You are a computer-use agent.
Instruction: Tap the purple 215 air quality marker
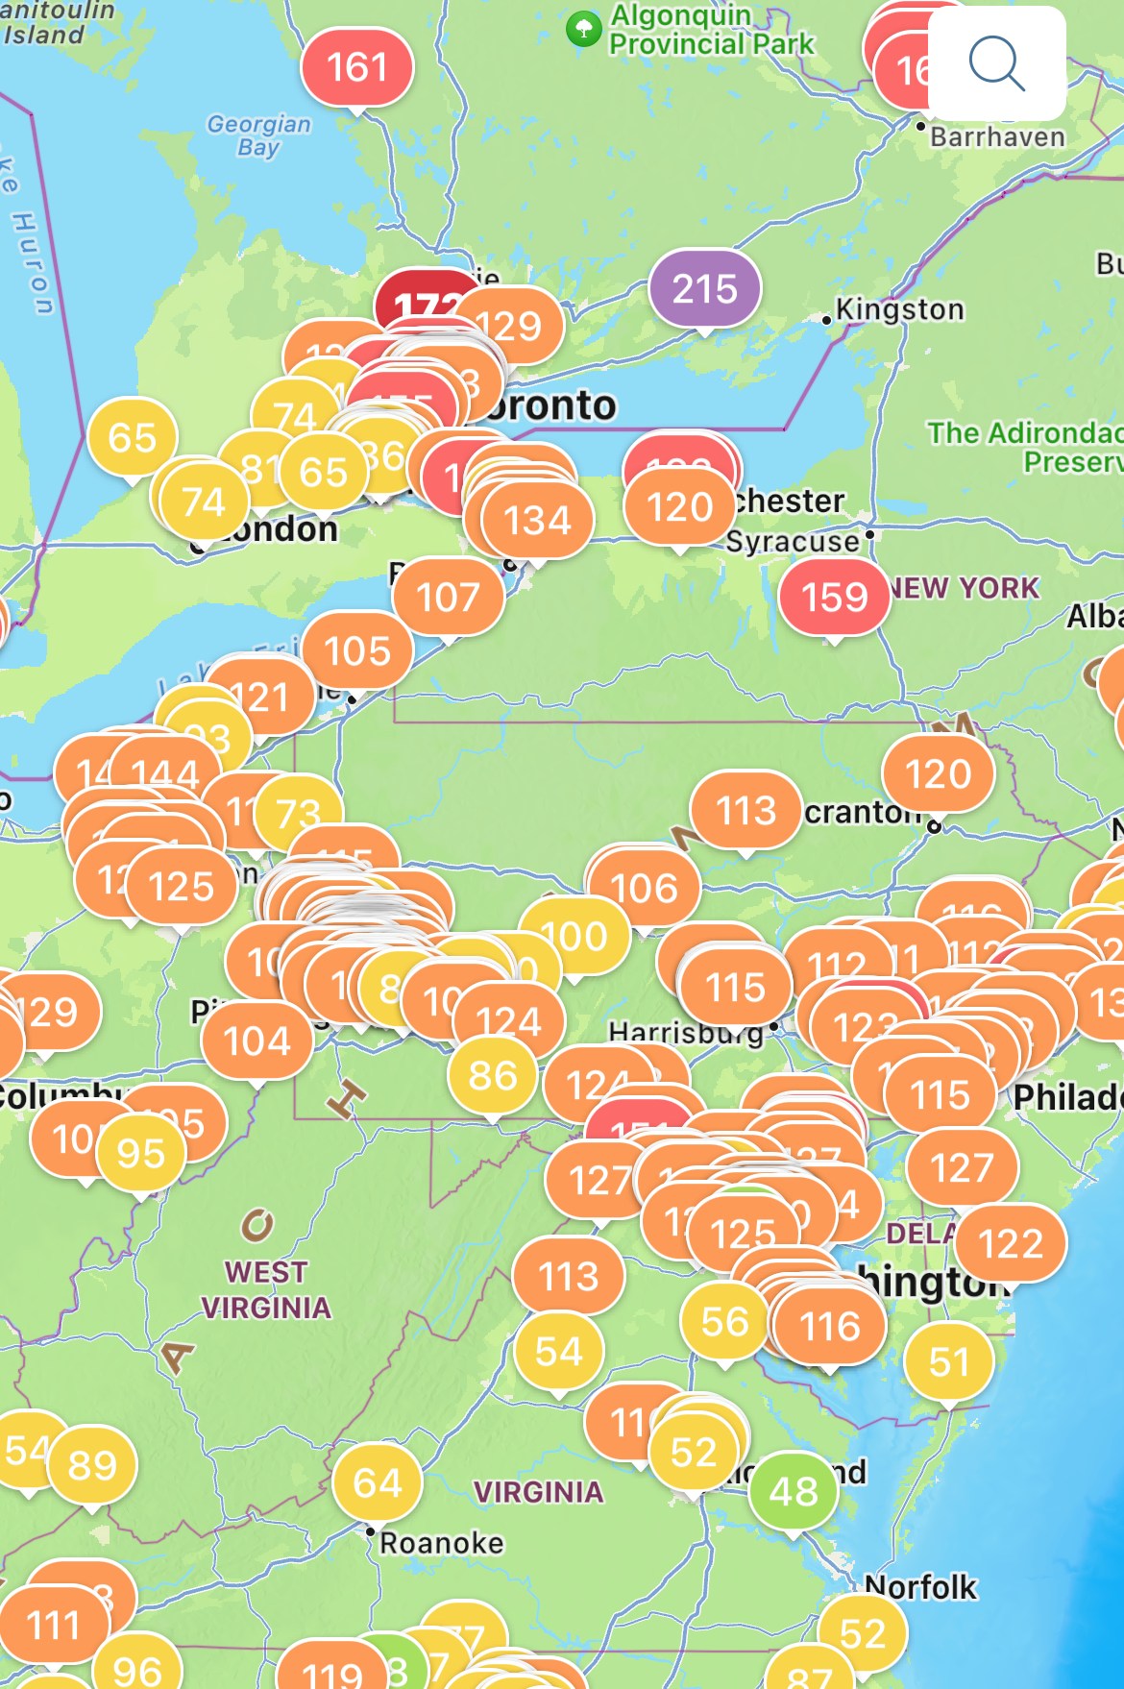point(704,288)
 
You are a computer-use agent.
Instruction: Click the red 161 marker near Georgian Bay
point(356,67)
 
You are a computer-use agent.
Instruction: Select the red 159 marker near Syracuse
point(834,597)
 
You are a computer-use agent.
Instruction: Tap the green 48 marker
point(794,1491)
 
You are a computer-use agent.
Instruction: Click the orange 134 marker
point(537,521)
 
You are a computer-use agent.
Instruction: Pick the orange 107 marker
point(448,597)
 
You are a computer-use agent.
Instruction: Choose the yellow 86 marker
point(493,1075)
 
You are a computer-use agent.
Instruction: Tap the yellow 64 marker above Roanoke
point(377,1482)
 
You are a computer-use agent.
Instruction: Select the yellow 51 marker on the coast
point(949,1361)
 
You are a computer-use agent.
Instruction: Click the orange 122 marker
point(1011,1244)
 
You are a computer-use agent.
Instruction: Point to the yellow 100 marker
point(574,936)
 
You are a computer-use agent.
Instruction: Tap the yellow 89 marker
point(92,1465)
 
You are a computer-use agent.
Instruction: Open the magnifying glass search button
point(997,63)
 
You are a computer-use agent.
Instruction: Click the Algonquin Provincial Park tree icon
point(583,29)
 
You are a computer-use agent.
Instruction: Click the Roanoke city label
point(441,1543)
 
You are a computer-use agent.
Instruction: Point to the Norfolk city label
point(920,1587)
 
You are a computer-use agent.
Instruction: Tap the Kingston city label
point(899,309)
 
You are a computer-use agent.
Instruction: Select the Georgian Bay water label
point(259,135)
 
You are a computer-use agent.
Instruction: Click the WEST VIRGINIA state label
point(266,1289)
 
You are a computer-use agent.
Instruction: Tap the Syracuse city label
point(793,542)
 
